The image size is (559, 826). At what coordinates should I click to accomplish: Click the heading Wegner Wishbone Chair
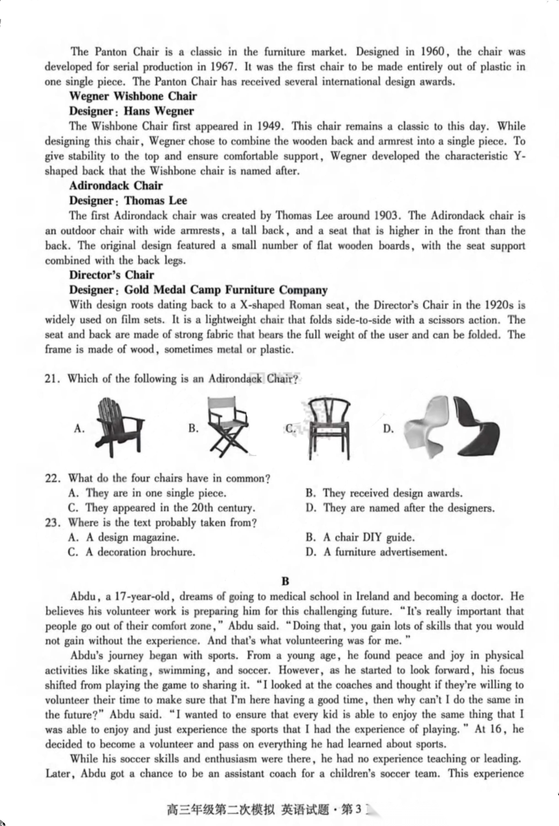pyautogui.click(x=133, y=96)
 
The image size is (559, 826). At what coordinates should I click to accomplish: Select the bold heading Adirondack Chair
pyautogui.click(x=116, y=186)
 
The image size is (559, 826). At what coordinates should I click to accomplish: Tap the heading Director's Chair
pyautogui.click(x=111, y=275)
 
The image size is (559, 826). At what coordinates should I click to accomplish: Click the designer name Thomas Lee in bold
pyautogui.click(x=156, y=201)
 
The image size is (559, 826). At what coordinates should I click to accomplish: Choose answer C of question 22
pyautogui.click(x=161, y=508)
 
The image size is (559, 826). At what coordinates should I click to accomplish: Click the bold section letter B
pyautogui.click(x=285, y=582)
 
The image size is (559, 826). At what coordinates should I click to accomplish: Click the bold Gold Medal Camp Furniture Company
pyautogui.click(x=226, y=290)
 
